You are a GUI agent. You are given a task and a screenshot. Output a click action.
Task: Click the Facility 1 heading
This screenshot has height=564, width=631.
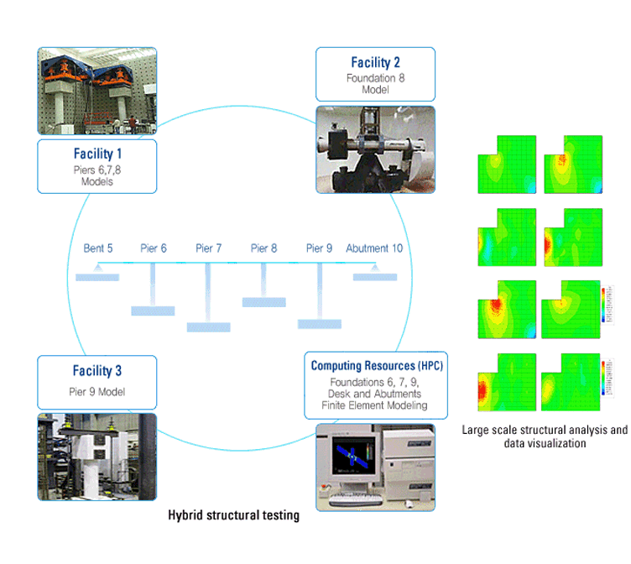[x=96, y=154]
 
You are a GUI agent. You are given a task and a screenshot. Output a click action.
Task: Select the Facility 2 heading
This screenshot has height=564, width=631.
[x=375, y=62]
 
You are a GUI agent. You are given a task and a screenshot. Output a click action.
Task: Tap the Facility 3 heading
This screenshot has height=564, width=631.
[x=96, y=370]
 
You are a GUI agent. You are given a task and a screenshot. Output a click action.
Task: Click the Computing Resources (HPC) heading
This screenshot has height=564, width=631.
[x=377, y=366]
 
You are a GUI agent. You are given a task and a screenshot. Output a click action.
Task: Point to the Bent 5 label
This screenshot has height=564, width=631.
[x=98, y=248]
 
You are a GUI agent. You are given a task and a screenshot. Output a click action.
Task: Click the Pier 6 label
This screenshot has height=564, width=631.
[x=152, y=248]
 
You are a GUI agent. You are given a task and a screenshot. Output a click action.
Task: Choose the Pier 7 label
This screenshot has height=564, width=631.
[x=209, y=248]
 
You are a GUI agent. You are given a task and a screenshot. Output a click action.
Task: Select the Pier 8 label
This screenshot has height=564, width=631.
[x=264, y=248]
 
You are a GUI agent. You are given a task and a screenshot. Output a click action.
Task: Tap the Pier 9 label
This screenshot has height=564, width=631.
[x=319, y=248]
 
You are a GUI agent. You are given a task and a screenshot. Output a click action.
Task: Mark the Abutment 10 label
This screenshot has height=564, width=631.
[x=374, y=248]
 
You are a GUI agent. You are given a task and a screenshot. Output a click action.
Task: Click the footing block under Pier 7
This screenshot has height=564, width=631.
[x=208, y=327]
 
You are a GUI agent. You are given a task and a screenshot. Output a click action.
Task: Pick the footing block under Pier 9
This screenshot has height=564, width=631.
[x=319, y=323]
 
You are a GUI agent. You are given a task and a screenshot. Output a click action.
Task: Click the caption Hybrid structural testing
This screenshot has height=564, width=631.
[x=233, y=515]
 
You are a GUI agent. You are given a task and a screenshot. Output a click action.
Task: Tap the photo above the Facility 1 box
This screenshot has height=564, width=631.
[x=96, y=91]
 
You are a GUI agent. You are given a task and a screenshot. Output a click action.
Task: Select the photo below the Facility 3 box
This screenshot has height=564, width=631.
[x=96, y=457]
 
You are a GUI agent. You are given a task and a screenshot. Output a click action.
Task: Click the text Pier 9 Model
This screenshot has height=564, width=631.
[x=96, y=391]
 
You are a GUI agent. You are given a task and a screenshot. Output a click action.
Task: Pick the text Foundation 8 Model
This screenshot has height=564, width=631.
[x=375, y=84]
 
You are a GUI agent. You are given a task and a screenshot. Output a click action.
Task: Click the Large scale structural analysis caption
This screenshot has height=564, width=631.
[x=545, y=436]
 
